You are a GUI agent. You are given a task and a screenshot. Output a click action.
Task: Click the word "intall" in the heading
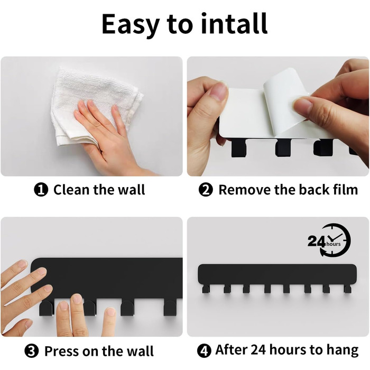[234, 24]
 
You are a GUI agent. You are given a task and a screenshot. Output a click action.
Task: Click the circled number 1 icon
[41, 190]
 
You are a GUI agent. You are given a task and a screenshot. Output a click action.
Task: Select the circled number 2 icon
[206, 190]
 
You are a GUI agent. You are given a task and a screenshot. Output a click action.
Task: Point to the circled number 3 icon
[31, 351]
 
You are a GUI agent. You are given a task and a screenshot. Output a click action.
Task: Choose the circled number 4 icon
[204, 350]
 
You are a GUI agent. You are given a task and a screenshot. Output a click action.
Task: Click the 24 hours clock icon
[329, 240]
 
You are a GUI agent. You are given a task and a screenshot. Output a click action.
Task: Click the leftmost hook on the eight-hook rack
[206, 289]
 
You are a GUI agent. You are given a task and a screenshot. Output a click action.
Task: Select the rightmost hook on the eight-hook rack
[347, 289]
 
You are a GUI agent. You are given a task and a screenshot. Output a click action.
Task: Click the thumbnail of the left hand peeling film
[218, 91]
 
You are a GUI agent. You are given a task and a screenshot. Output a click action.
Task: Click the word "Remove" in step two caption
[244, 190]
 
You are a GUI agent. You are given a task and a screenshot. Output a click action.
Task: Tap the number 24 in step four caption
[258, 350]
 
